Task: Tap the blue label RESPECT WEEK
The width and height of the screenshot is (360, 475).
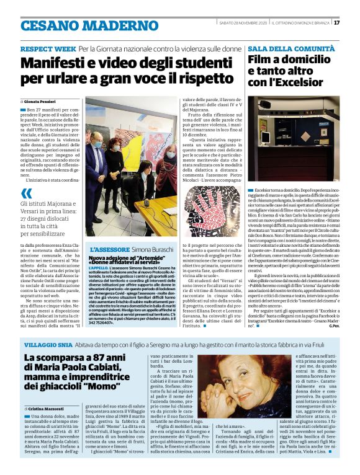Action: pyautogui.click(x=48, y=48)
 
